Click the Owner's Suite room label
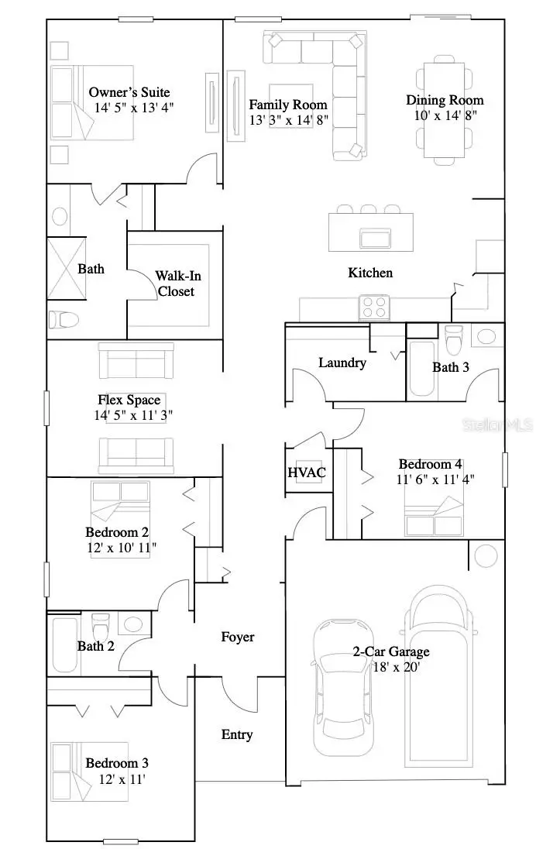coord(129,93)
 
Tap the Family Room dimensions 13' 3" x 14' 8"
coord(288,120)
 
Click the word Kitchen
coord(369,273)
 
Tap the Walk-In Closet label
coord(174,284)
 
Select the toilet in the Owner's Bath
coord(64,319)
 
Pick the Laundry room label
coord(342,363)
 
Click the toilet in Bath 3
coord(454,339)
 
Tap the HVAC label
coord(307,473)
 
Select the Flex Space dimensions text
coord(132,415)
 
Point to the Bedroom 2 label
coord(117,532)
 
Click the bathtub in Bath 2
coord(64,644)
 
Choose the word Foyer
coord(238,637)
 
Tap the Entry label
coord(237,734)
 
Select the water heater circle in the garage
coord(486,555)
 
